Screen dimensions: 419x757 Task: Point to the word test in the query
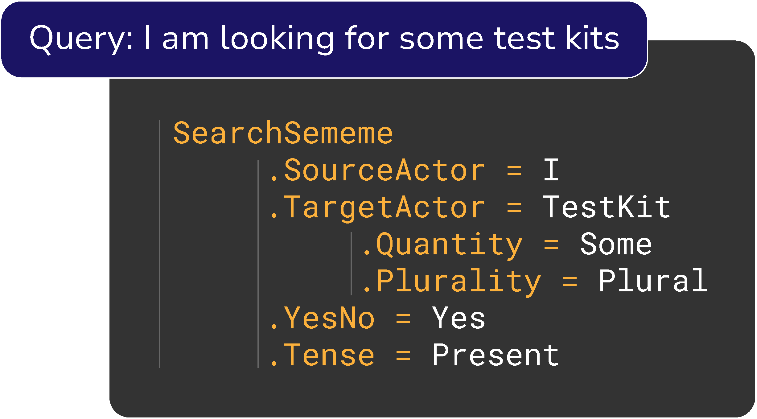(525, 39)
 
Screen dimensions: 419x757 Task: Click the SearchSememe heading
(283, 133)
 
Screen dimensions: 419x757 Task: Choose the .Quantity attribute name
(442, 244)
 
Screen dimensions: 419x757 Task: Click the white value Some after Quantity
(616, 244)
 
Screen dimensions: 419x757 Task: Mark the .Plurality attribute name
(451, 281)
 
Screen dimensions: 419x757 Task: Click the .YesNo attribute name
(322, 318)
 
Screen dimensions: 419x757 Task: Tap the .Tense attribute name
(322, 355)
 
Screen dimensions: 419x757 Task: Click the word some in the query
(441, 39)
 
